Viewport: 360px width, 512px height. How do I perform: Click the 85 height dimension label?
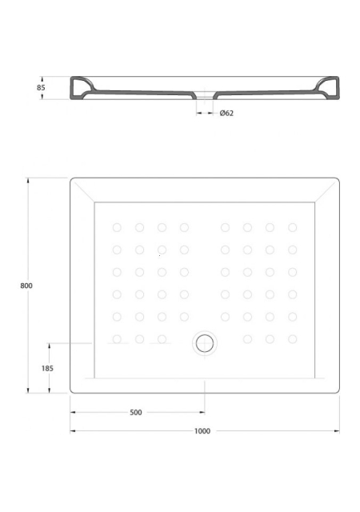tap(41, 87)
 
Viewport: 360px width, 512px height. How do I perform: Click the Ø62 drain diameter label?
tap(226, 113)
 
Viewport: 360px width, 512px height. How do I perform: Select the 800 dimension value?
tap(26, 286)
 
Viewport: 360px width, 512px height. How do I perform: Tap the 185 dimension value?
tap(47, 368)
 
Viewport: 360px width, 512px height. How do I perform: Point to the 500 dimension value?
tap(136, 413)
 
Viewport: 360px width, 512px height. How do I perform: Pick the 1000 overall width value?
tap(202, 431)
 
